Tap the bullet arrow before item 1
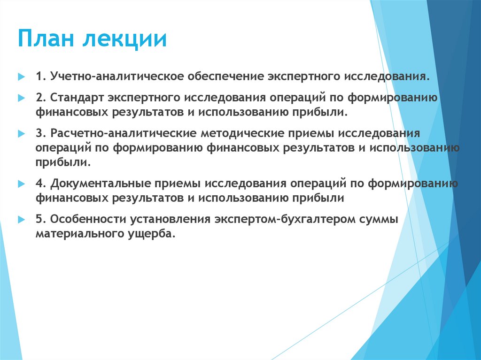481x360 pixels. point(21,76)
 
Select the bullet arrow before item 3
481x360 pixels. point(21,134)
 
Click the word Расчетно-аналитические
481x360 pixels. point(122,133)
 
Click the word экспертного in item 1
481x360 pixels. point(304,76)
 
